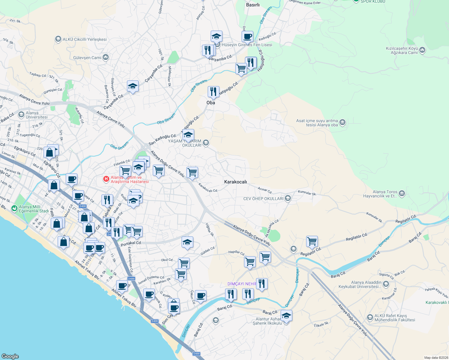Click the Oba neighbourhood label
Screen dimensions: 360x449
tap(211, 103)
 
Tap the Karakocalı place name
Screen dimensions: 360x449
tap(235, 182)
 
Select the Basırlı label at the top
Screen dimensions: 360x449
tap(253, 5)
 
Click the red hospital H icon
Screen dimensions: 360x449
tap(106, 179)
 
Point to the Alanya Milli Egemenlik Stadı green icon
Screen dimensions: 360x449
tap(14, 208)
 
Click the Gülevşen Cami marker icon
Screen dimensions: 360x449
tap(105, 57)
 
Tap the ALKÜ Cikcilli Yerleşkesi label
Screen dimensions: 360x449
tap(84, 39)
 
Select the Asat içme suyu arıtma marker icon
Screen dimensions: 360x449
tap(343, 122)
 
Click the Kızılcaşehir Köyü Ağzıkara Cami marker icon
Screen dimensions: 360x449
tap(422, 50)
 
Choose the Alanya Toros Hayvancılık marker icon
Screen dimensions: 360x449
tap(402, 193)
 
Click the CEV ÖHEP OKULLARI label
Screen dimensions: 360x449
tap(263, 199)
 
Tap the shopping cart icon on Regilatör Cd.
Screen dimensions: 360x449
tap(312, 241)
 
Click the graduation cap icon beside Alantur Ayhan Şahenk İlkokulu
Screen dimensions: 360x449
tap(286, 316)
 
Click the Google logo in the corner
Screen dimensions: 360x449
tap(10, 356)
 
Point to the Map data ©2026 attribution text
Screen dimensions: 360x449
tap(435, 358)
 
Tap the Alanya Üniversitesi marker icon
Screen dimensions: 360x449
tap(21, 114)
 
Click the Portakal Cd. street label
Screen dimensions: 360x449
tap(131, 243)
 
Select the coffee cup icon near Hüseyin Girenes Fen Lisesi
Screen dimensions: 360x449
tap(247, 37)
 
